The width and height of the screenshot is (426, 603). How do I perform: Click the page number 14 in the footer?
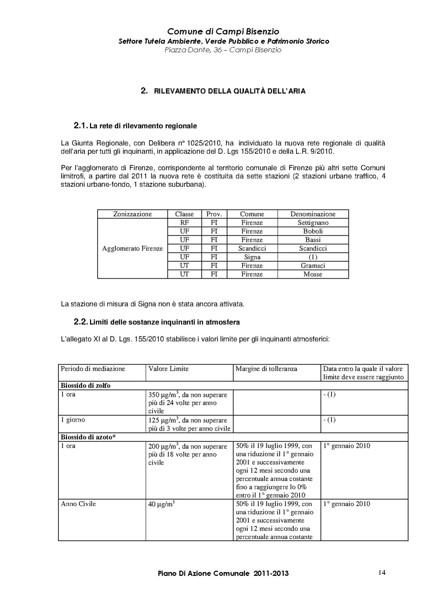click(x=382, y=572)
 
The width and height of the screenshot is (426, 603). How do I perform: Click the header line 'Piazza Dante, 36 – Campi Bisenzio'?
click(x=223, y=50)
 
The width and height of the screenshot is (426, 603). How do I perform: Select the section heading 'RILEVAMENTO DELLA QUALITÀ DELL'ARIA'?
click(x=230, y=91)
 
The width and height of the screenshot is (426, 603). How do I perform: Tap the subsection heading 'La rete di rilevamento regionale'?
click(x=143, y=126)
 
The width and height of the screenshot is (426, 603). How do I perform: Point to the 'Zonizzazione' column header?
click(x=132, y=214)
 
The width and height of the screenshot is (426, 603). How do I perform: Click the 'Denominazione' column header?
click(x=313, y=214)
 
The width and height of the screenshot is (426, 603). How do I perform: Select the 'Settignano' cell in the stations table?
click(x=313, y=223)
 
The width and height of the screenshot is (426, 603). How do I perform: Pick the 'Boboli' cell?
click(x=313, y=231)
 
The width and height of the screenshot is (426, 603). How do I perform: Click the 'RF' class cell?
click(x=184, y=223)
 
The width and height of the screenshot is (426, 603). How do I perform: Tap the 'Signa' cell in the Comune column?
click(x=252, y=257)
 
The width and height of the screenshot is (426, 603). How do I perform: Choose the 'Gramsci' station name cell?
click(x=313, y=266)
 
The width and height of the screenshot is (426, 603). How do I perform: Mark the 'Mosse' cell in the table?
click(x=313, y=274)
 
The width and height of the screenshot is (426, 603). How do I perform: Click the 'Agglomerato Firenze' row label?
click(x=132, y=248)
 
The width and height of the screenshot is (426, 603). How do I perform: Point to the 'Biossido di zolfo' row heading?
click(x=86, y=386)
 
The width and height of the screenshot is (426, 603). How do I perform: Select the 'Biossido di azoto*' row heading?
click(x=88, y=437)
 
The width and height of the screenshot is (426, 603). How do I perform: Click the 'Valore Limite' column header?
click(x=168, y=369)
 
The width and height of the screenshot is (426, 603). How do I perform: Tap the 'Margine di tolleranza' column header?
click(x=266, y=369)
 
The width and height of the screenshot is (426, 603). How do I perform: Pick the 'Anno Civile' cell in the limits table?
click(x=78, y=504)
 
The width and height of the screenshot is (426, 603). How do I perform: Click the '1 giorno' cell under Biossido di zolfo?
click(x=73, y=420)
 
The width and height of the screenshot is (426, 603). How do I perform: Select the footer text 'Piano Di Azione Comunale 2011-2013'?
click(x=223, y=573)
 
